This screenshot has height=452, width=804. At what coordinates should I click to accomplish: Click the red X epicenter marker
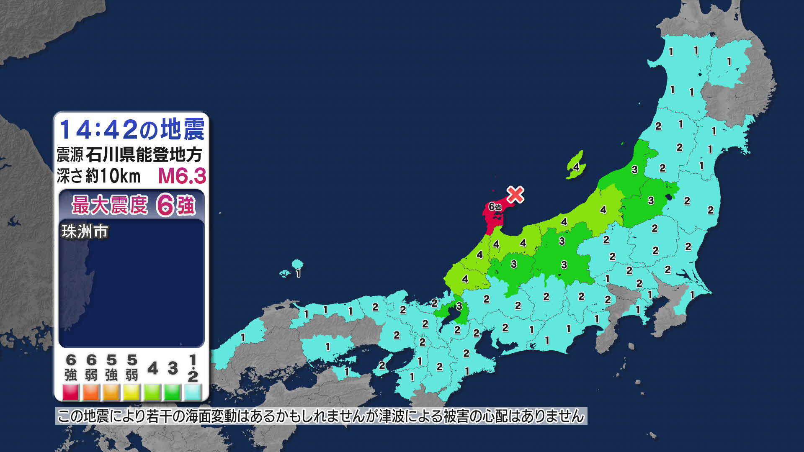pos(515,195)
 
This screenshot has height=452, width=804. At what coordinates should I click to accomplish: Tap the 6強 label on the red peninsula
pos(495,207)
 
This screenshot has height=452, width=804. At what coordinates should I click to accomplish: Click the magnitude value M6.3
pos(182,176)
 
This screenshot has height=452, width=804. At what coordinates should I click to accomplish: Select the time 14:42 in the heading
pos(98,129)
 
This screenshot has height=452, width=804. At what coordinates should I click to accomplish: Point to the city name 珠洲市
pos(85,231)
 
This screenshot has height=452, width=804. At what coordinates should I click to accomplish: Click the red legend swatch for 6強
pos(71,392)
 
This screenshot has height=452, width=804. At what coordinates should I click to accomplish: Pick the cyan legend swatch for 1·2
pos(193,392)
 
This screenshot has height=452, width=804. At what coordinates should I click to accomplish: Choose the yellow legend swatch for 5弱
pos(132,392)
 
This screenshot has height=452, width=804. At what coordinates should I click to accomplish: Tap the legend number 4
pos(152,369)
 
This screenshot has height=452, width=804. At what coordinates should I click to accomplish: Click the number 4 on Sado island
pos(576,167)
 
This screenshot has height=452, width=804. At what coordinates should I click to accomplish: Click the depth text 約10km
pos(113,176)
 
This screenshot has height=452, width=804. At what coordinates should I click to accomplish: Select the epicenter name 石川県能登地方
pos(144,155)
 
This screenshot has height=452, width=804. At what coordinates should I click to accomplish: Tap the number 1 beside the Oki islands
pos(298,274)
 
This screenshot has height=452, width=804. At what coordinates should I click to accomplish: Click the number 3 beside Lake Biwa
pos(459,306)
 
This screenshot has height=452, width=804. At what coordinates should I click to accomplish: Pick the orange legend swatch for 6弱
pos(91,392)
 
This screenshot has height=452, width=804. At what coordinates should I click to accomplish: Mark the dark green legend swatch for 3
pos(173,392)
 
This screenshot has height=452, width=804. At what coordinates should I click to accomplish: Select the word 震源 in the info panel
pos(70,155)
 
